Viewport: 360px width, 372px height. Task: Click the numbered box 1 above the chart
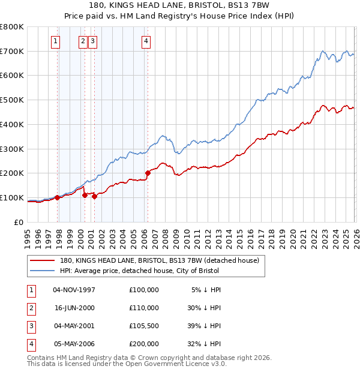55,41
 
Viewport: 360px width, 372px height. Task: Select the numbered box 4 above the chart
146,41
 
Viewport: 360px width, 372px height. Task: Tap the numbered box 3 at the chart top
94,41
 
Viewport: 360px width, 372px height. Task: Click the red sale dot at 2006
148,173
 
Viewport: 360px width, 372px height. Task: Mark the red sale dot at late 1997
58,197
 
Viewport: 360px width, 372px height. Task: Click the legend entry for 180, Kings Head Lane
159,260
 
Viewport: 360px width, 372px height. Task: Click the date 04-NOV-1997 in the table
74,290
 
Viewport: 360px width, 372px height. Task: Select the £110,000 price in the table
144,308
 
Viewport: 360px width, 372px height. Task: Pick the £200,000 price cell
144,344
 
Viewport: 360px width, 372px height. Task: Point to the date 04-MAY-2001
74,326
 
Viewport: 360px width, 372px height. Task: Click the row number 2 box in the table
29,308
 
